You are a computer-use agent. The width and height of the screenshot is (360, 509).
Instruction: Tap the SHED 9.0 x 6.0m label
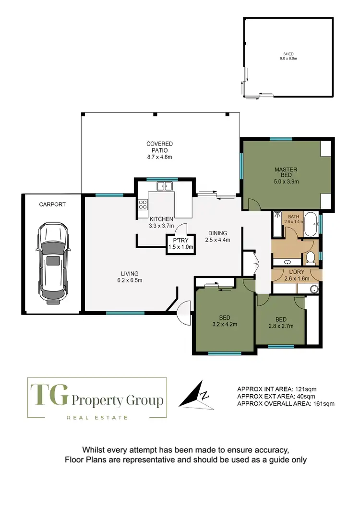click(x=289, y=56)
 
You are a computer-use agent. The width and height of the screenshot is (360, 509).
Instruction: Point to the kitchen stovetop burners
click(x=143, y=206)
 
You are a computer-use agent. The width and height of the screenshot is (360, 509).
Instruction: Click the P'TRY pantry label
click(x=180, y=244)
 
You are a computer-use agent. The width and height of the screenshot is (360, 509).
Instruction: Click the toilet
click(x=310, y=258)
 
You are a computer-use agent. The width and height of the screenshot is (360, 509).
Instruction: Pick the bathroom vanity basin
click(x=288, y=262)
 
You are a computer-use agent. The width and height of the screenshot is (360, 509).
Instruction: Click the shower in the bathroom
click(x=278, y=224)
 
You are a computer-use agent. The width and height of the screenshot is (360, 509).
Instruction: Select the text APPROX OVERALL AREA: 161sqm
click(x=286, y=404)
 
